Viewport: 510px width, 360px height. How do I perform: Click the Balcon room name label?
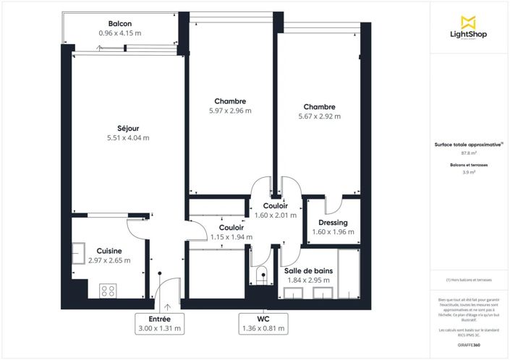[119, 24]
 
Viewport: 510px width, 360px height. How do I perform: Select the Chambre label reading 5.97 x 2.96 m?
[229, 111]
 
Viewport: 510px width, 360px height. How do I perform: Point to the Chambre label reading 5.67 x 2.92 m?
[319, 116]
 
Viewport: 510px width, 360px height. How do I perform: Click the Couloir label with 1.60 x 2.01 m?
[276, 215]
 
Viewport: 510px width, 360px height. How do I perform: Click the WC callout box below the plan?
[263, 323]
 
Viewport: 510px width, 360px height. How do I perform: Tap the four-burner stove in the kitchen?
[108, 291]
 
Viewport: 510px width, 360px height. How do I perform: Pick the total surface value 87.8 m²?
[468, 153]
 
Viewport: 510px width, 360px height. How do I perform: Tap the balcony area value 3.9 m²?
[468, 173]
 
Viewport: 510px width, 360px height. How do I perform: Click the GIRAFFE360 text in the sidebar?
[468, 345]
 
